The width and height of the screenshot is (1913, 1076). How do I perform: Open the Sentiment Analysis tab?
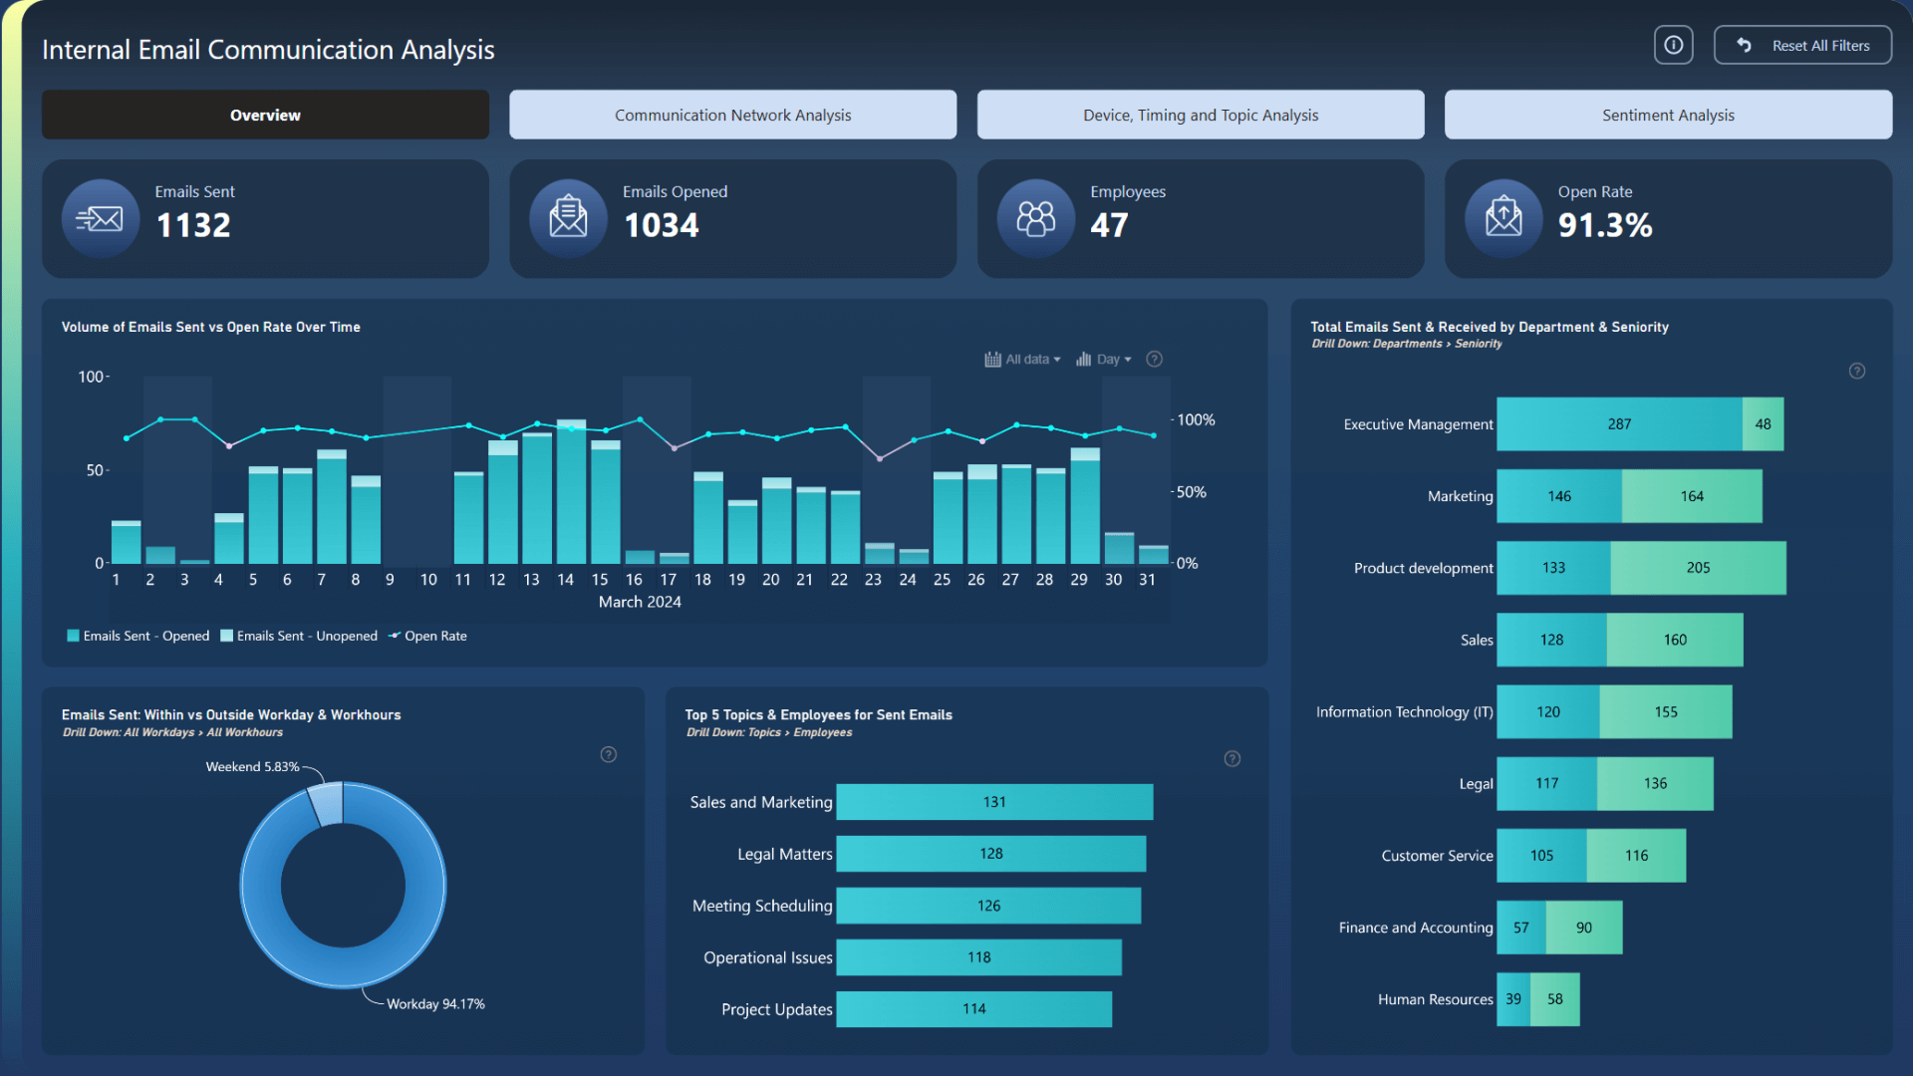tap(1667, 116)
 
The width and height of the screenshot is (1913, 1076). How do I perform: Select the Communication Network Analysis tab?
tap(732, 116)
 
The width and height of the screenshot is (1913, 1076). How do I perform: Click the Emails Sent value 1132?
tap(193, 225)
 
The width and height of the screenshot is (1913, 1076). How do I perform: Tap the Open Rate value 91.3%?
tap(1604, 225)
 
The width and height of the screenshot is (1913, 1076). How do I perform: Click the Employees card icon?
tap(1035, 218)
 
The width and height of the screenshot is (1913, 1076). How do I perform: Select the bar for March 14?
tap(571, 493)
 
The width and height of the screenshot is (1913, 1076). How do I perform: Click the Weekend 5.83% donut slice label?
tap(252, 767)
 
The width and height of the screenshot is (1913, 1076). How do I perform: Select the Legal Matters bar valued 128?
tap(990, 854)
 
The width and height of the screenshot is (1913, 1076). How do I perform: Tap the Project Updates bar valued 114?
tap(973, 1009)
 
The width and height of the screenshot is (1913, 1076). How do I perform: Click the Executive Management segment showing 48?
tap(1763, 424)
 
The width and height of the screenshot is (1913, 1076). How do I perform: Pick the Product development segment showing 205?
tap(1697, 568)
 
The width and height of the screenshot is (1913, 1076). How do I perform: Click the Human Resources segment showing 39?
tap(1512, 999)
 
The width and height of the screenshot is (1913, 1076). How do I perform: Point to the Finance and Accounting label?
tap(1415, 928)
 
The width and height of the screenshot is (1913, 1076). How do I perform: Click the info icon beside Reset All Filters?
tap(1673, 46)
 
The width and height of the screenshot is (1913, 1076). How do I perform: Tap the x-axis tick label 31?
tap(1147, 580)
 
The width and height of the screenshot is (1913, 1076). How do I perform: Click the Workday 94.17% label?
tap(435, 1004)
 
